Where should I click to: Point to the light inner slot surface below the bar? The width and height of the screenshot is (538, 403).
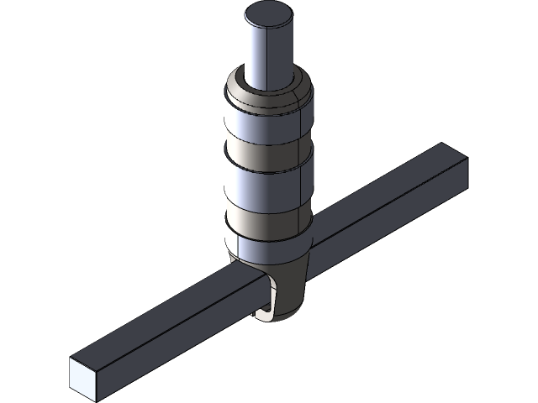265,312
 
